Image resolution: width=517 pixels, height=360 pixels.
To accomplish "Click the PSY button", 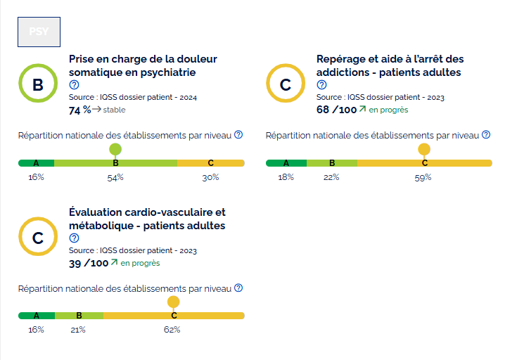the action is (x=39, y=32).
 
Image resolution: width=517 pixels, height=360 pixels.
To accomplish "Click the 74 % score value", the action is (x=79, y=110).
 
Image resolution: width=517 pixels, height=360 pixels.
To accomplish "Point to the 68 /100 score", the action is (x=336, y=110).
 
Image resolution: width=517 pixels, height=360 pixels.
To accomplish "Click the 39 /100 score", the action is (x=89, y=263).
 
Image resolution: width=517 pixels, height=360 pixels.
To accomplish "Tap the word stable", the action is (x=114, y=110).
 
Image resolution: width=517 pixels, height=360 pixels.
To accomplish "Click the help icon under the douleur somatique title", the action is (x=74, y=84).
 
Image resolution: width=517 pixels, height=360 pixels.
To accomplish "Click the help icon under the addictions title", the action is (x=322, y=84).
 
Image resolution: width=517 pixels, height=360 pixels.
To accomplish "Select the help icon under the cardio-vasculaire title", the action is (x=74, y=238).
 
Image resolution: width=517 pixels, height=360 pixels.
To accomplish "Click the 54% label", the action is (x=115, y=178).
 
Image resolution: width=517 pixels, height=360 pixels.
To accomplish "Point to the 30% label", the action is (x=210, y=177).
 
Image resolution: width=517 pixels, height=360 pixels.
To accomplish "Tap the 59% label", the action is (x=423, y=178).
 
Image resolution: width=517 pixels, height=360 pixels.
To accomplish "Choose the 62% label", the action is (x=172, y=330).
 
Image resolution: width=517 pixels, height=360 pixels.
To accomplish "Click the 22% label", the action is (x=331, y=177).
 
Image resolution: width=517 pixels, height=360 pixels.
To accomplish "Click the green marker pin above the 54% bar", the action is (x=115, y=150).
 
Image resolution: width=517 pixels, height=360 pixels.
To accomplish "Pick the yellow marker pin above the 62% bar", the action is (x=174, y=302).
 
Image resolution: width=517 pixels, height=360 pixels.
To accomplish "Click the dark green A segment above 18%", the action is (x=286, y=163).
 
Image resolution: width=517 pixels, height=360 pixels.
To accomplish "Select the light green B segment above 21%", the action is (x=79, y=316).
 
